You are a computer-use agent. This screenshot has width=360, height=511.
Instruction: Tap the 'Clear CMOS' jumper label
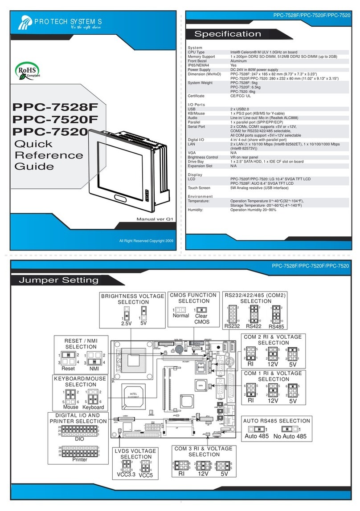[x=201, y=319]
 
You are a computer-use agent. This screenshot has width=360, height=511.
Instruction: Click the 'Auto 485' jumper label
[x=258, y=436]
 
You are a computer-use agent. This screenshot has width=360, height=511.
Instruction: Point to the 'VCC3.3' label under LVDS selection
[x=125, y=474]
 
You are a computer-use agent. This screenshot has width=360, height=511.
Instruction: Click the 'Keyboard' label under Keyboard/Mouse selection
[x=93, y=407]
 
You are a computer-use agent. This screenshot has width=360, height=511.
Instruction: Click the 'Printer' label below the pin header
[x=80, y=459]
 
